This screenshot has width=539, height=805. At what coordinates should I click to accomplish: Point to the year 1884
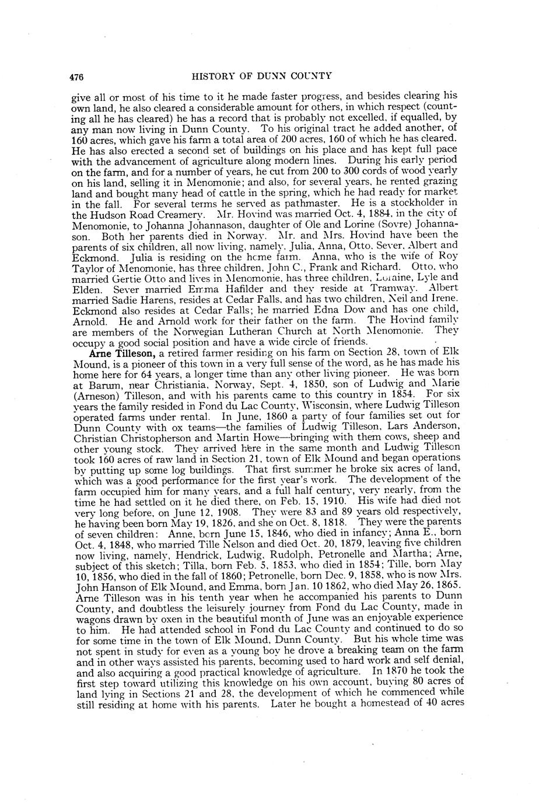pos(338,212)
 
